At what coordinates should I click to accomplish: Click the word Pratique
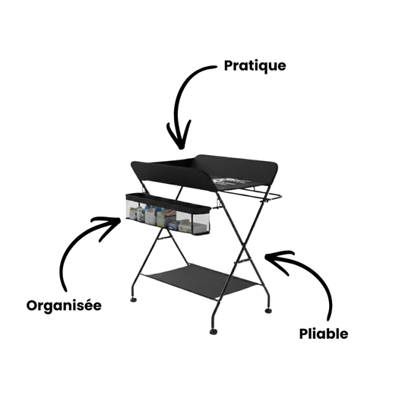255,65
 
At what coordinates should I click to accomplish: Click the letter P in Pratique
229,65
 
